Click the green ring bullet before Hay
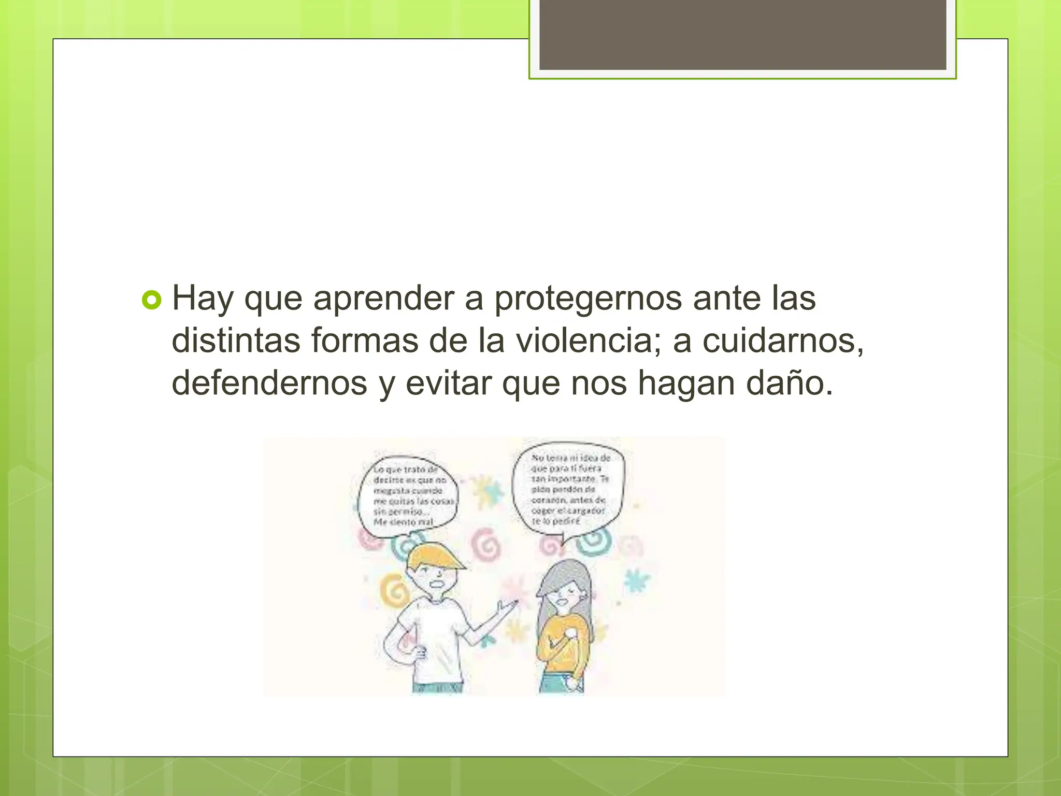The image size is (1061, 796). tap(151, 300)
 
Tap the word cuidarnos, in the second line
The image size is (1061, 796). tap(783, 341)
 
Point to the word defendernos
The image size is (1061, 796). tap(269, 383)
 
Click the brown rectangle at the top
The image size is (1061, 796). tap(742, 35)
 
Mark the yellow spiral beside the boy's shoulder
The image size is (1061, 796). tap(394, 591)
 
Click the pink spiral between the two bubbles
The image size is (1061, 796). tap(486, 544)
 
